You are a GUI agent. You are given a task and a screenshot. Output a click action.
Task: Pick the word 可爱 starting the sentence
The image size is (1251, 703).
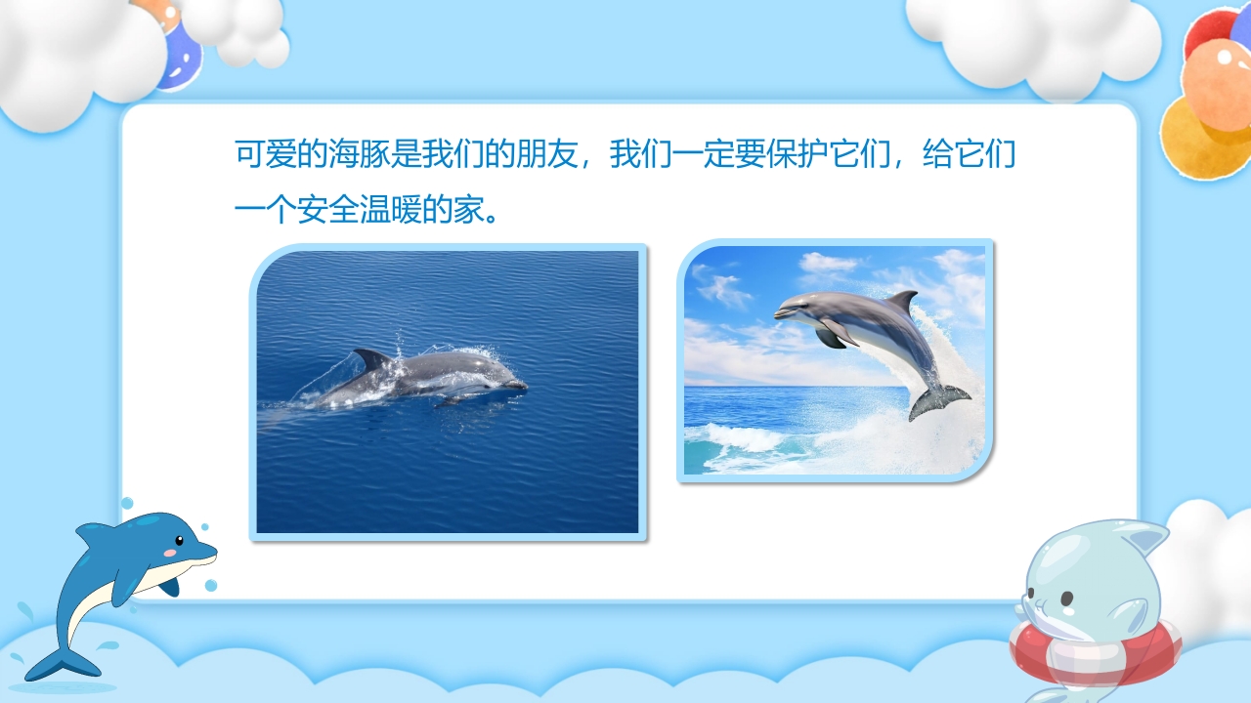click(x=267, y=155)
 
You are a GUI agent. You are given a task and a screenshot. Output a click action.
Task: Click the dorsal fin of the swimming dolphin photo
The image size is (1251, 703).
click(x=372, y=359)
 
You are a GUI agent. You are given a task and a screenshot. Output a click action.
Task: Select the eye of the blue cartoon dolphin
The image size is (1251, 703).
click(x=179, y=540)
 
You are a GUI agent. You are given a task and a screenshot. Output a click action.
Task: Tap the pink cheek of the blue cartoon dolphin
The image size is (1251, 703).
click(x=170, y=553)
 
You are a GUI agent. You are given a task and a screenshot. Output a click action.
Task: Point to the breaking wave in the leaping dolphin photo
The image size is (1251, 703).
click(x=743, y=439)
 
